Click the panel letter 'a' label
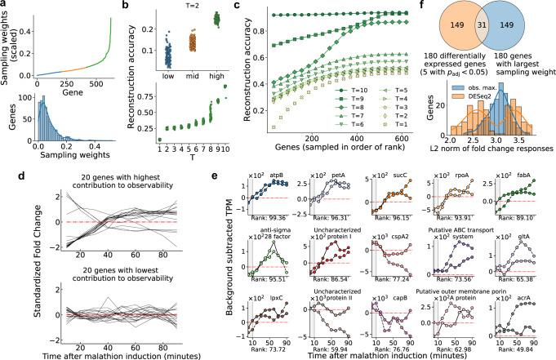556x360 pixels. pyautogui.click(x=5, y=7)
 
